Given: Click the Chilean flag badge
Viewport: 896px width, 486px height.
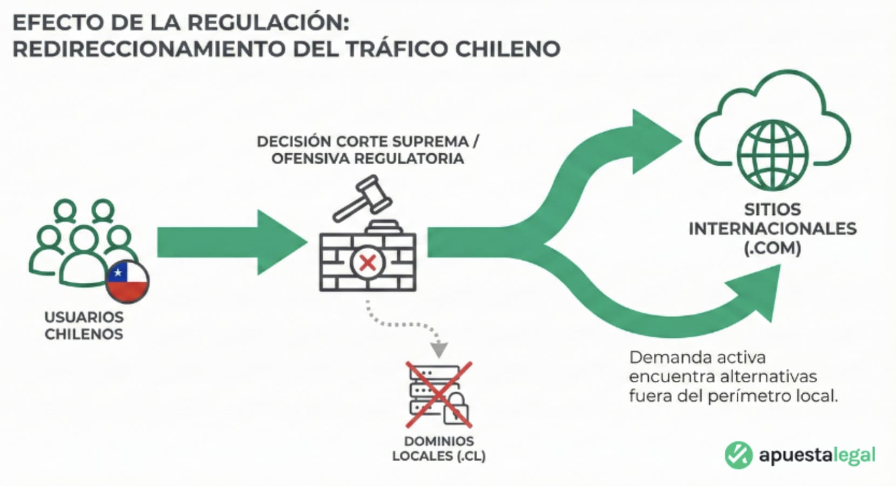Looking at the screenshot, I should pyautogui.click(x=127, y=281).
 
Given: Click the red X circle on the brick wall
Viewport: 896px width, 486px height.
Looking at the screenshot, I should pyautogui.click(x=368, y=263).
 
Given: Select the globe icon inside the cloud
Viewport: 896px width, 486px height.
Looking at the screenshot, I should pyautogui.click(x=772, y=154).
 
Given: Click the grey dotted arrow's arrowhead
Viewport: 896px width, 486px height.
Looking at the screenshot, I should pyautogui.click(x=439, y=350).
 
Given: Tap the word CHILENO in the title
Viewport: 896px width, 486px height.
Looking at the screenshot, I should pyautogui.click(x=507, y=49).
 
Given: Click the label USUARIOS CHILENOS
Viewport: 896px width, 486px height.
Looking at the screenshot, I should pyautogui.click(x=84, y=326).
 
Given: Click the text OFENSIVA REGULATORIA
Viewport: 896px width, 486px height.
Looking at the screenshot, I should pyautogui.click(x=368, y=159).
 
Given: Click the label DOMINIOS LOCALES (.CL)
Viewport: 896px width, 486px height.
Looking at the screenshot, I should pyautogui.click(x=439, y=449).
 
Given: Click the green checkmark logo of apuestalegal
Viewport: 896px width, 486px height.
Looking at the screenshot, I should pyautogui.click(x=738, y=454).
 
